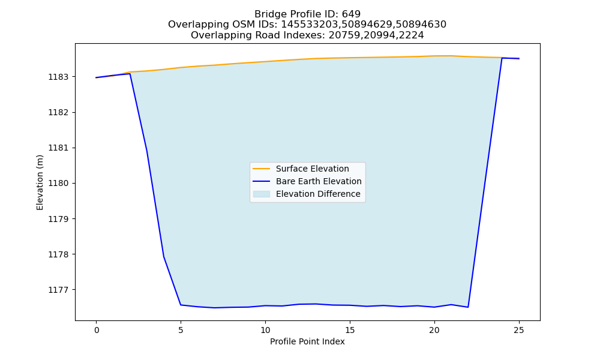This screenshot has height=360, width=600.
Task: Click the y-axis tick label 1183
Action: pos(58,77)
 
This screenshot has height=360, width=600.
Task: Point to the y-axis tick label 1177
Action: pos(58,290)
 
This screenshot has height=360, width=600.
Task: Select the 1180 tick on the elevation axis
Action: pos(58,183)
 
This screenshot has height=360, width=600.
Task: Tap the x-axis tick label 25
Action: pos(519,330)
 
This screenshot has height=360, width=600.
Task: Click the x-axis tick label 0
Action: pos(97,330)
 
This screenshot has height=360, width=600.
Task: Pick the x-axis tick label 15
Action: pos(350,330)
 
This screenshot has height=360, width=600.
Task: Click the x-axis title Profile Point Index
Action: pos(307,341)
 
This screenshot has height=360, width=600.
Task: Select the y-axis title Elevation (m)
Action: pos(40,182)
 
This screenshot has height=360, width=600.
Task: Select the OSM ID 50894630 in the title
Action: pos(421,25)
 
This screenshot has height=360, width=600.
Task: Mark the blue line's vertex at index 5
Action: pos(181,305)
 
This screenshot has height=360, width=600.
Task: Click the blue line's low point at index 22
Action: pos(468,307)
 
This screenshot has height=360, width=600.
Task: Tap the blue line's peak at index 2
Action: pos(130,73)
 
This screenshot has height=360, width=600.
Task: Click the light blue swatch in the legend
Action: pos(262,194)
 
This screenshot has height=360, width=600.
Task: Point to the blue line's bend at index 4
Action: pos(164,257)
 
